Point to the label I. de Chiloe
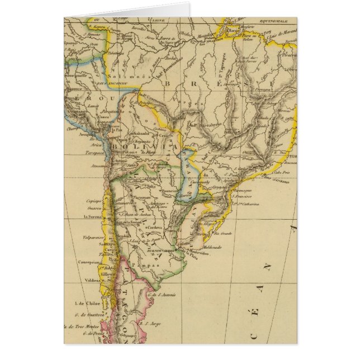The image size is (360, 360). point(83,304)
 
